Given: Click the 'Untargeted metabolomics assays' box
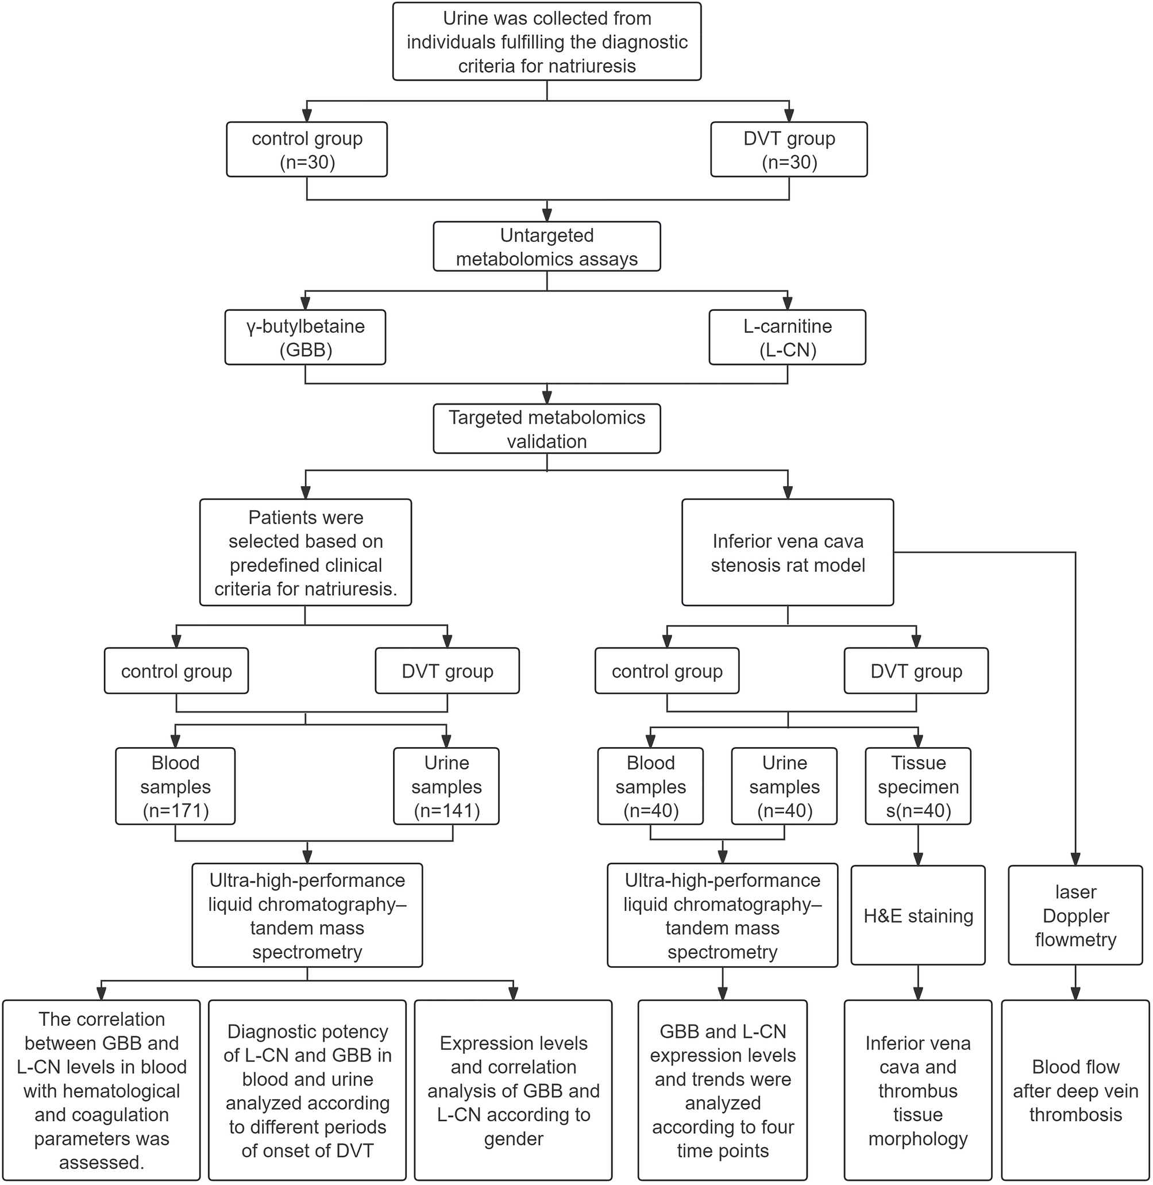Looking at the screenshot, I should (546, 247).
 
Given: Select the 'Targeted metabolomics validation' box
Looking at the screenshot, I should (546, 429).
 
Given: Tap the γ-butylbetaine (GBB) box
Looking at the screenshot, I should (305, 337).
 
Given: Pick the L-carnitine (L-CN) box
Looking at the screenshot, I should (787, 337).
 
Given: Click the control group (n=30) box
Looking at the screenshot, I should (307, 149).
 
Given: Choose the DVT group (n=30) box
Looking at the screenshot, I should (788, 149).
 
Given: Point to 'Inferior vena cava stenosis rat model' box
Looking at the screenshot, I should (787, 552).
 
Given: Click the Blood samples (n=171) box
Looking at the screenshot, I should (176, 786).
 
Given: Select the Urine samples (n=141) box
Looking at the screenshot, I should (446, 786).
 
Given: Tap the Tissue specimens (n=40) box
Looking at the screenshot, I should (918, 786).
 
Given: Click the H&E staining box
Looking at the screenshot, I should (918, 916).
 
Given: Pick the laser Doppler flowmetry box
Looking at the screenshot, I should (1075, 916).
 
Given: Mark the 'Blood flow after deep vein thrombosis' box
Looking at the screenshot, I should (1075, 1091).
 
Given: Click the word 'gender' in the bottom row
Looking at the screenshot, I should (514, 1138).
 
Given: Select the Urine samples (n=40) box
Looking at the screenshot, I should (784, 786).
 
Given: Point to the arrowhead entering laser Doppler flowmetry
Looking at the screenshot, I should (1075, 859).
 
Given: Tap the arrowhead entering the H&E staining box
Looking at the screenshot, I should (918, 859).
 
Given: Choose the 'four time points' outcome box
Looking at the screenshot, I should (723, 1091).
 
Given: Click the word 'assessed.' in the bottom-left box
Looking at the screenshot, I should (102, 1162).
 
